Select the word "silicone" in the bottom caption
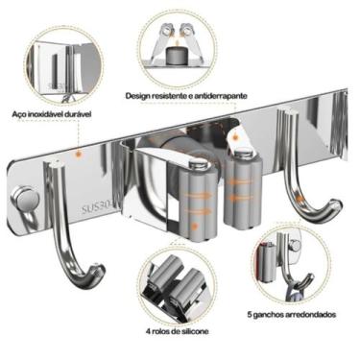click(195, 331)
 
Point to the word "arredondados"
click(313, 315)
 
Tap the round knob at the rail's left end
click(26, 199)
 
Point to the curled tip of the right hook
click(335, 205)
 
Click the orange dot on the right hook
click(300, 199)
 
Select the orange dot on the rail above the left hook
click(77, 154)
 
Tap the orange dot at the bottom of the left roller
click(193, 227)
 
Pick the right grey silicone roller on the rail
click(243, 189)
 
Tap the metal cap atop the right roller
click(242, 151)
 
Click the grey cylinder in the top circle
click(178, 55)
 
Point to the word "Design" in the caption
click(137, 96)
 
